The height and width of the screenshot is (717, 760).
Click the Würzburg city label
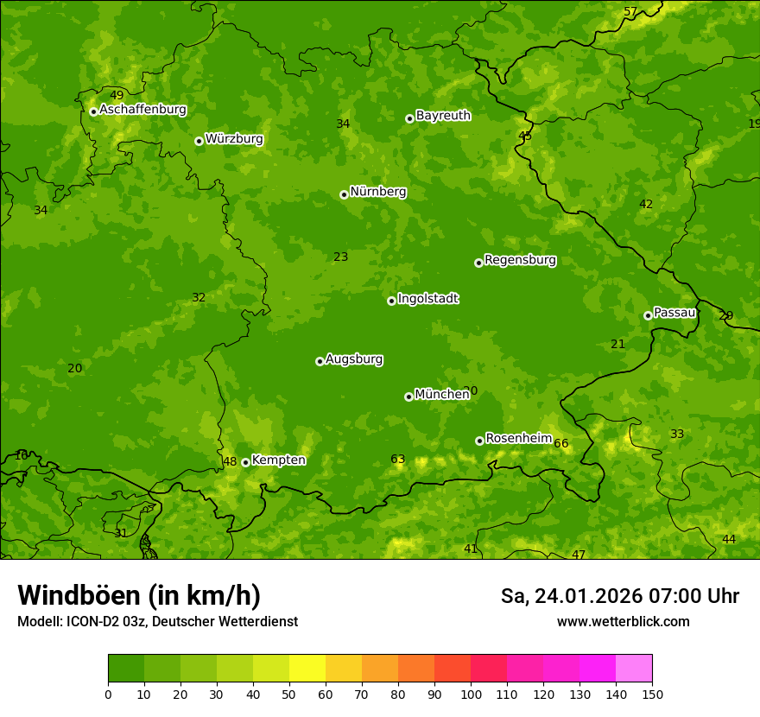tap(234, 139)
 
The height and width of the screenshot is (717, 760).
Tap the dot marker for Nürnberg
tap(344, 194)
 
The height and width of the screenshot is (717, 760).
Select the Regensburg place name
tap(520, 260)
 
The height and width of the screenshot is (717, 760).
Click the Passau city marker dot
tap(648, 315)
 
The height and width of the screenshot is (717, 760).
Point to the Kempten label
tap(278, 460)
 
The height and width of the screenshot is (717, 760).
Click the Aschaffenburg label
tap(142, 110)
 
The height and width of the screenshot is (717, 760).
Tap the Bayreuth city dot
tap(409, 118)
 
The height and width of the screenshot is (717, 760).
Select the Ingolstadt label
tap(427, 299)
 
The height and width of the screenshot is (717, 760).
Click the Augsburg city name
tap(354, 359)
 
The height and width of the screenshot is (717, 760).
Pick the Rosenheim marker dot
tap(479, 441)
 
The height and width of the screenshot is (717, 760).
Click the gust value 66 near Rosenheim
tap(561, 444)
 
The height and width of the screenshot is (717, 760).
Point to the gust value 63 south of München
tap(397, 460)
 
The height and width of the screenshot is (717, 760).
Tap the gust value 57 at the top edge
tap(630, 12)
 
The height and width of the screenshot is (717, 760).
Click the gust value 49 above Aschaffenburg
tap(117, 96)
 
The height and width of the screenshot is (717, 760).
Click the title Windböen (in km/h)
tap(139, 595)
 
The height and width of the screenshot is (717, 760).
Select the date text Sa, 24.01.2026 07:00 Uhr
tap(619, 596)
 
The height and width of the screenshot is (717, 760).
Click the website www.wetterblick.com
tap(623, 622)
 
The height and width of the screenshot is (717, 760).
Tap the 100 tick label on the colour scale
tap(471, 695)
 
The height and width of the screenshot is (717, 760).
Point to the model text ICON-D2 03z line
tap(157, 622)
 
